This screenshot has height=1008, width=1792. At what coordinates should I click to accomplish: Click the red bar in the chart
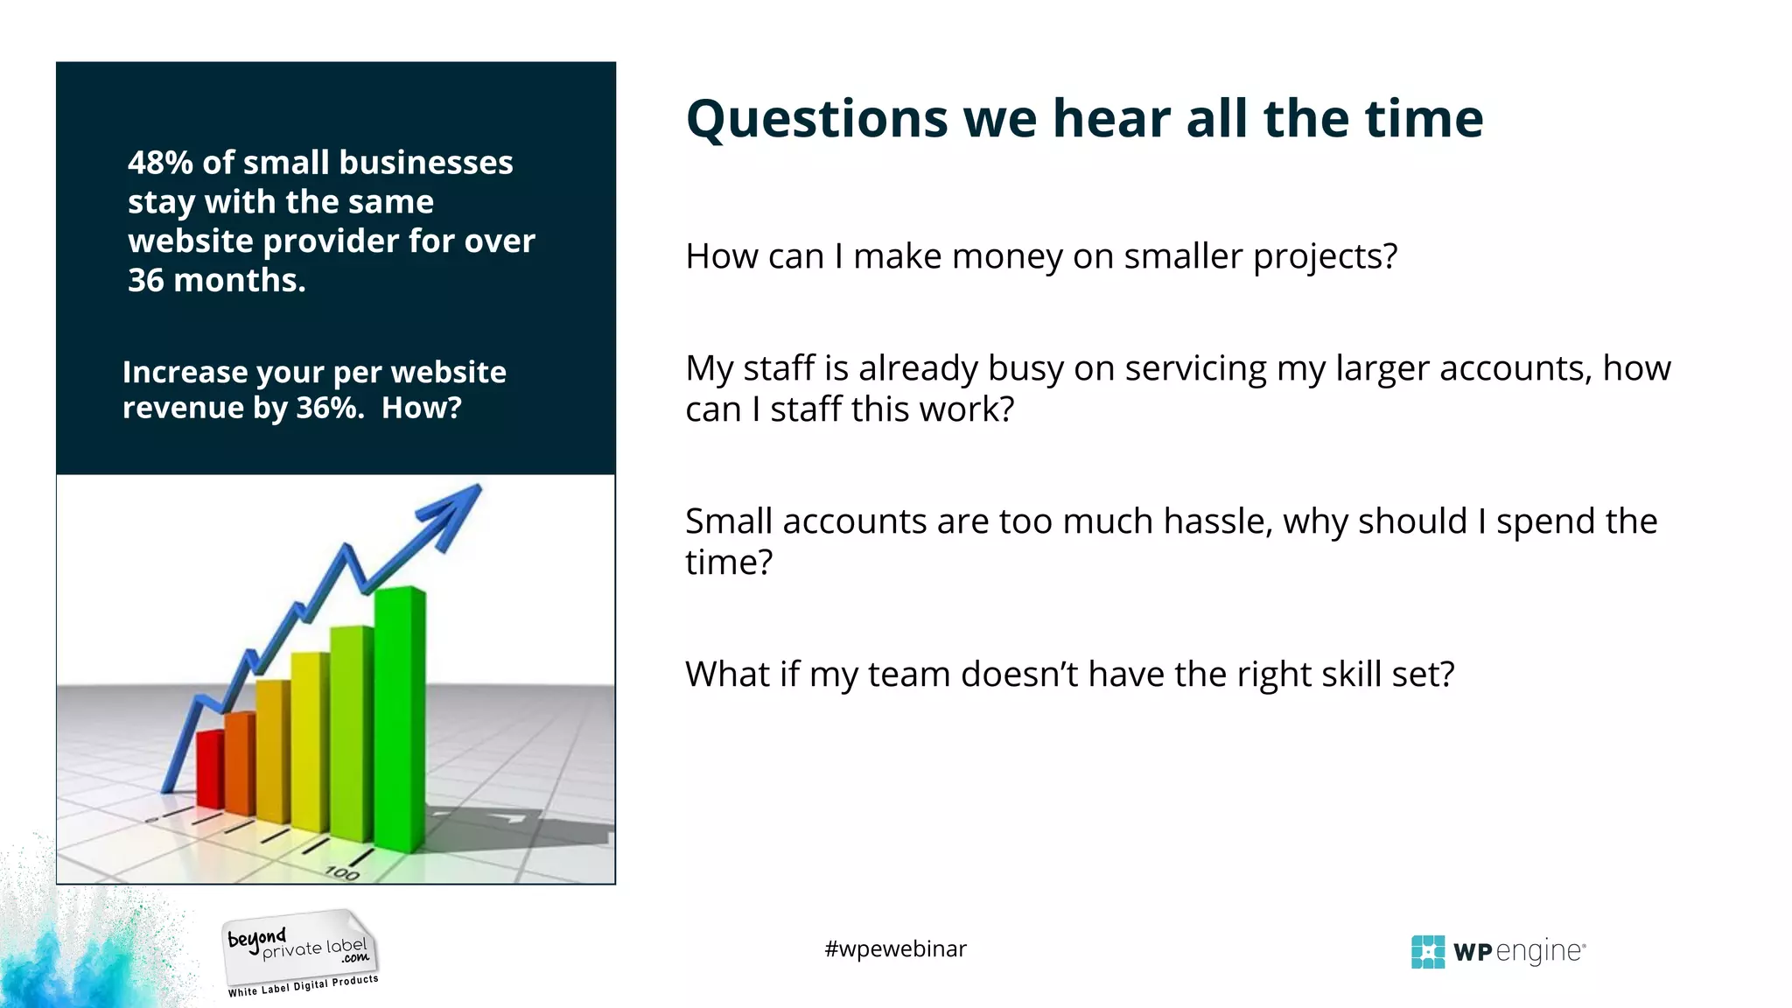tap(210, 770)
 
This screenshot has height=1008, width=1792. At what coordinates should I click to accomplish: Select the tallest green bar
tap(400, 717)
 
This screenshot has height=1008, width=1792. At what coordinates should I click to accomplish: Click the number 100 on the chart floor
tap(341, 872)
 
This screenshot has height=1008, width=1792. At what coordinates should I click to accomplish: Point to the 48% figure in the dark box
tap(160, 163)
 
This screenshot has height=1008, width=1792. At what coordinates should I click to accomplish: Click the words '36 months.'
tap(217, 280)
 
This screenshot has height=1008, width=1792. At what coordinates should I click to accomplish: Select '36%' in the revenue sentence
tap(329, 408)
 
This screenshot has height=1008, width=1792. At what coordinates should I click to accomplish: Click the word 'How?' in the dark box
tap(421, 408)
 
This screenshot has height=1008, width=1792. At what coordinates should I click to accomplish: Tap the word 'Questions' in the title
tap(816, 119)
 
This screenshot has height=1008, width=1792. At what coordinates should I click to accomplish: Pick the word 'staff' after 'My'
tap(782, 368)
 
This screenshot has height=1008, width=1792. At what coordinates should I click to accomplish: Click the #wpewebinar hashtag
tap(895, 949)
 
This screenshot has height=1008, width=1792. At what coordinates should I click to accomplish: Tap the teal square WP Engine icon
tap(1427, 952)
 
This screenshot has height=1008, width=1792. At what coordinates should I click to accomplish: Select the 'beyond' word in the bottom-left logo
tap(255, 939)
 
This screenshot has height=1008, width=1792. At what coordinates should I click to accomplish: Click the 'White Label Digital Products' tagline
tap(303, 986)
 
